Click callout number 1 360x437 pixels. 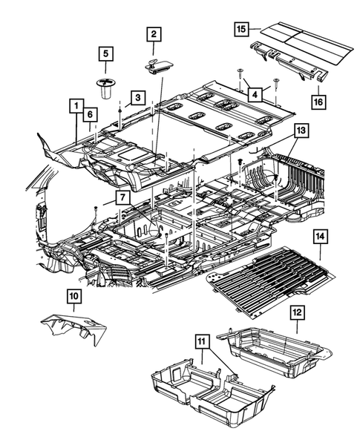point(76,105)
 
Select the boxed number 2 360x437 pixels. point(154,33)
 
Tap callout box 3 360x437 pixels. point(137,97)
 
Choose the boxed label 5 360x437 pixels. point(106,53)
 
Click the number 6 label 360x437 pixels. point(89,114)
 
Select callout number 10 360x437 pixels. point(74,297)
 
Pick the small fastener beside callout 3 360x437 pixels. point(120,109)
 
